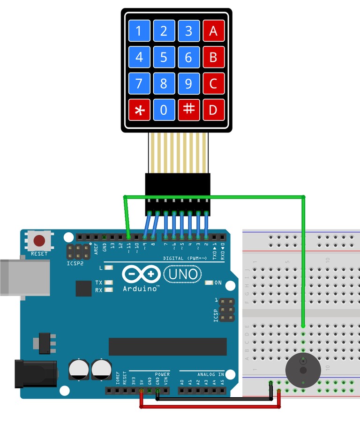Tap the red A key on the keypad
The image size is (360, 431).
tap(213, 31)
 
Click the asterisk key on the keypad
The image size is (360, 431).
tap(139, 110)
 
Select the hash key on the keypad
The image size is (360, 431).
tap(188, 110)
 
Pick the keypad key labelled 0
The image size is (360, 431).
tap(164, 110)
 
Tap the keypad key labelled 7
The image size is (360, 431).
tap(139, 84)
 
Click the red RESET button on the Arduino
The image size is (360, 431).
tap(39, 241)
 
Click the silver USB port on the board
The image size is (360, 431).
tap(26, 277)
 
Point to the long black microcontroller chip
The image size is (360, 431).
tap(167, 347)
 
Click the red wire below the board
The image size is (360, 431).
tap(211, 407)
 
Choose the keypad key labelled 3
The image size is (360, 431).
tap(188, 31)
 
